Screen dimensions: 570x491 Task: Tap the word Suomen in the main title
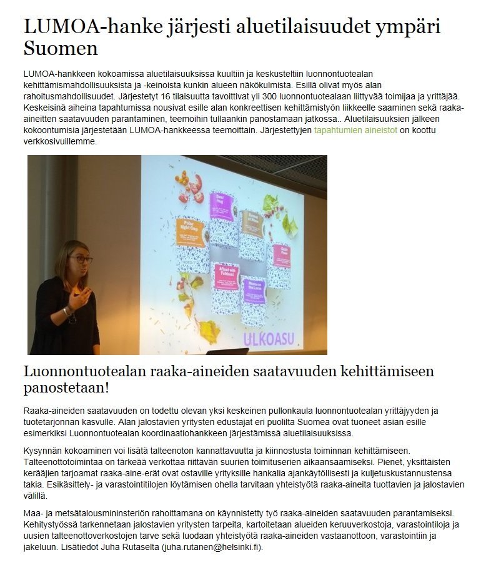(x=61, y=47)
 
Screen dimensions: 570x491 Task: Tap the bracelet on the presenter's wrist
(x=66, y=311)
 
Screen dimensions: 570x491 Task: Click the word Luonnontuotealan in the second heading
(x=84, y=371)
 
